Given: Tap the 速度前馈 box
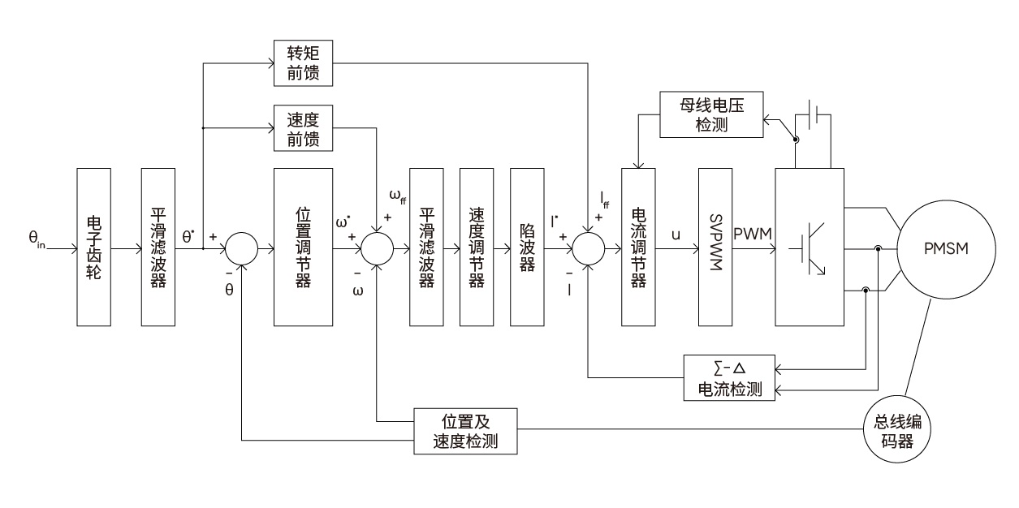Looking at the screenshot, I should (303, 128).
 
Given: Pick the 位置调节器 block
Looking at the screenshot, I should (303, 247).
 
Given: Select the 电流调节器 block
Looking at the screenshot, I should (637, 247).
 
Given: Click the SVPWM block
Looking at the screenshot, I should (715, 247).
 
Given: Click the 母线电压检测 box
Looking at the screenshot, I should (712, 114).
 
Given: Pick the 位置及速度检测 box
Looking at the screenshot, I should (465, 431).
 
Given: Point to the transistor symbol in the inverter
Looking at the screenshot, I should (812, 247).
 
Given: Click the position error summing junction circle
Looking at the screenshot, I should (241, 247).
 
